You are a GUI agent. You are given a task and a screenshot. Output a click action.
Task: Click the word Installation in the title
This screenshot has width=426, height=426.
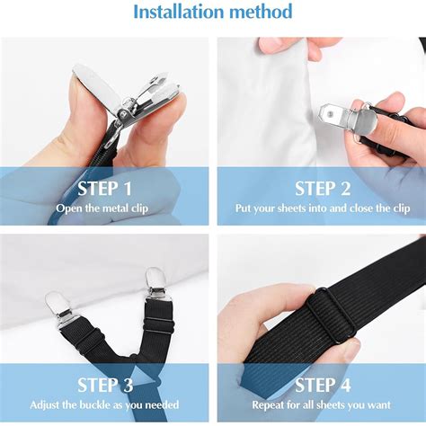[x=179, y=12]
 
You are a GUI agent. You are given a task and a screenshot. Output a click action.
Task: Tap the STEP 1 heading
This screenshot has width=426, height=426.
[x=104, y=189]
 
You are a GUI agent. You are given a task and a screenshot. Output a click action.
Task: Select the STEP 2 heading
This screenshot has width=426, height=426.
[x=323, y=189]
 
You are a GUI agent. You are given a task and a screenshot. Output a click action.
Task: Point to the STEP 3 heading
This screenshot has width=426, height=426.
[x=105, y=385]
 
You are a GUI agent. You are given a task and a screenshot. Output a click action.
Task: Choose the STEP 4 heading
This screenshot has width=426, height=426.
[x=323, y=385]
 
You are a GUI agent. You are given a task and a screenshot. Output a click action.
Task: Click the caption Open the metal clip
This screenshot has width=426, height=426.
[x=102, y=209]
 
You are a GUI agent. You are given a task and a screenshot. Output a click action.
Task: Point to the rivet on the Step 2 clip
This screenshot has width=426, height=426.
[x=331, y=113]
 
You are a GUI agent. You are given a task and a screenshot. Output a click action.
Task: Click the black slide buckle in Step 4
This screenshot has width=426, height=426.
[x=334, y=315]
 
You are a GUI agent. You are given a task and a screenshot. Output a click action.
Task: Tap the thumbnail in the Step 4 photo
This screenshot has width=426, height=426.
[x=349, y=351]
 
